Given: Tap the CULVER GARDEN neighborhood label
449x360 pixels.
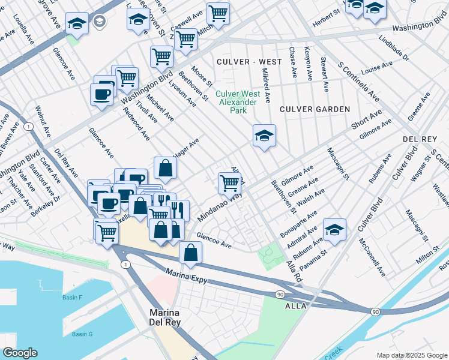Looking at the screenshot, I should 315,109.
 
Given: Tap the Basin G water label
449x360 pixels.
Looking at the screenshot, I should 82,334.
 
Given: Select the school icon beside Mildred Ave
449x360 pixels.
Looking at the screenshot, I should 264,136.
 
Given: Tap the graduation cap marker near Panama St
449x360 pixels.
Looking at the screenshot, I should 334,230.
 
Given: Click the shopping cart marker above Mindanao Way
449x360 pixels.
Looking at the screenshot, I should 229,183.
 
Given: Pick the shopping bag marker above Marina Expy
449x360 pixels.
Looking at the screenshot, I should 190,253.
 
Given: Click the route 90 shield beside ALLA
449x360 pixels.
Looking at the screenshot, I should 280,294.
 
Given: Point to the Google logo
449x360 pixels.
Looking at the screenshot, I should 20,353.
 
